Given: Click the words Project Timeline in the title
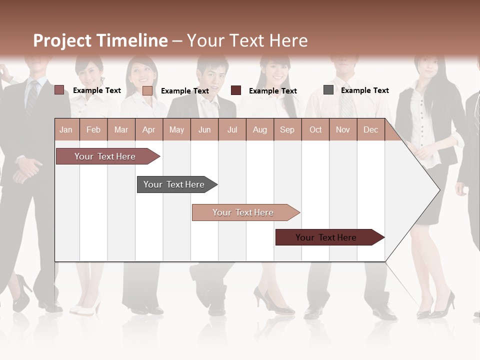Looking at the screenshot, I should click(x=100, y=40).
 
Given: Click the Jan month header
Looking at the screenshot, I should click(x=66, y=129).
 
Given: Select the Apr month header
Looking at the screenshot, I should click(x=148, y=129).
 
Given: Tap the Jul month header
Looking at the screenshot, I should click(x=232, y=129).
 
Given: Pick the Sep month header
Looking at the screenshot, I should click(x=287, y=129).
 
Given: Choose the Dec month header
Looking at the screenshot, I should click(x=370, y=129).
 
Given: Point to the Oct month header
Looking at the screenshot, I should click(x=315, y=129).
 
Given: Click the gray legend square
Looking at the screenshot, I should click(x=328, y=90).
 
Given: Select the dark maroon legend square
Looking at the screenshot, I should click(x=236, y=90).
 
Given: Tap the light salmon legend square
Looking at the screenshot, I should click(x=147, y=90).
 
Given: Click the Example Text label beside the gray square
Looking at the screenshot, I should click(x=364, y=90).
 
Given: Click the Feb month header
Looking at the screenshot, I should click(x=93, y=129).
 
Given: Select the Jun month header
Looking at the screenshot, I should click(x=204, y=129).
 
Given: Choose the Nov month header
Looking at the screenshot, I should click(x=343, y=129).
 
